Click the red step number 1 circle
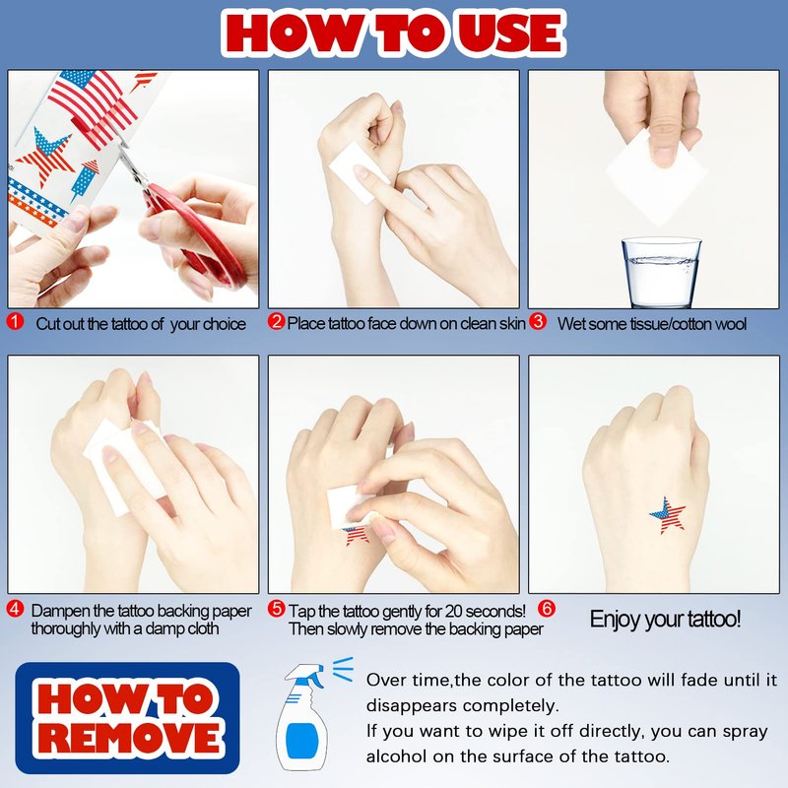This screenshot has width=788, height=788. [15, 322]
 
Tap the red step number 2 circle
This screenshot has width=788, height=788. [276, 322]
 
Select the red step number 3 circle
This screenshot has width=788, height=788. [538, 322]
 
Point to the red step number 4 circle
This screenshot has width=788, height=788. [15, 609]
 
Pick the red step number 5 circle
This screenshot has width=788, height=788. [276, 609]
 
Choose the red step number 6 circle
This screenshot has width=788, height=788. [547, 609]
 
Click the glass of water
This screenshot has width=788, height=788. [661, 272]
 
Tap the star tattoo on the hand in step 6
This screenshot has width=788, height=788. [668, 515]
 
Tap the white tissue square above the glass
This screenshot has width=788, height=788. [656, 176]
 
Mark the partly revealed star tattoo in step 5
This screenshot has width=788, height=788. [358, 536]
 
